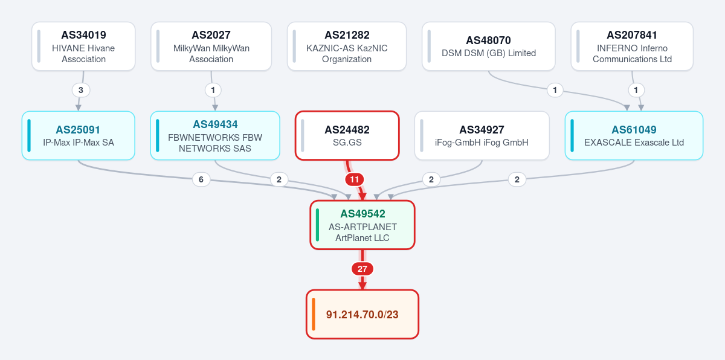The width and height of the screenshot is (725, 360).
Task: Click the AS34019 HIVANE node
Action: point(83,47)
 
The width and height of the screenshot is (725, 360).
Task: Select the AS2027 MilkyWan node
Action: point(211,47)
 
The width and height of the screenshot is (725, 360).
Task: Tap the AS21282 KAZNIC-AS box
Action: point(347,47)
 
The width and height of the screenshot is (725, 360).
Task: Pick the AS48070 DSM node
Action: point(489,47)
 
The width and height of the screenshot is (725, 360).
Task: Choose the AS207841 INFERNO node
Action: point(632,47)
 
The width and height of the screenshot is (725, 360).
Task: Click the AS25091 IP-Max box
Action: point(79,135)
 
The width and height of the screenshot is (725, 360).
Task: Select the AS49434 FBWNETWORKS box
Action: point(215,135)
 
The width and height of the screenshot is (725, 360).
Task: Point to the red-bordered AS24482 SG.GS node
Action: point(347,135)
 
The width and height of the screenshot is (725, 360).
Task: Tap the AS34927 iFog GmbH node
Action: point(482,135)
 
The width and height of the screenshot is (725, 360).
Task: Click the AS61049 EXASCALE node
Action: point(634,135)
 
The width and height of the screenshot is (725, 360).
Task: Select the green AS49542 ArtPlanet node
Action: point(362,225)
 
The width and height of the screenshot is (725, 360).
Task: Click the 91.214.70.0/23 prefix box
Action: point(362,314)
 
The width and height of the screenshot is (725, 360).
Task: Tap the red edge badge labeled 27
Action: point(362,269)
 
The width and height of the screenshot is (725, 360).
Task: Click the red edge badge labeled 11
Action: point(355,179)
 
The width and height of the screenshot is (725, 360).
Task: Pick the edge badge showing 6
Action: point(201,179)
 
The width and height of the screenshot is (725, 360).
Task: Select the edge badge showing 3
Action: point(81,90)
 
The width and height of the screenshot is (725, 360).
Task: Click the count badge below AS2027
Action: point(213,90)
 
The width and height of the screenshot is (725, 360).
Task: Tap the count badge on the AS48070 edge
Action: point(555,90)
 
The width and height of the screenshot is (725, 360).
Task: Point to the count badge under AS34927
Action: point(431,179)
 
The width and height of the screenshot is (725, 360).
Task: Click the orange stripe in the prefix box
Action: point(314,314)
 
